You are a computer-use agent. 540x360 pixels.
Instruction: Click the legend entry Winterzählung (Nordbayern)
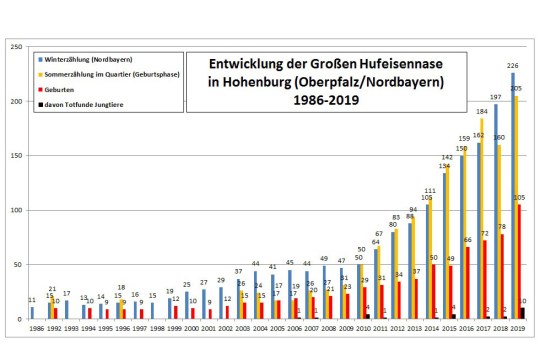point(90,60)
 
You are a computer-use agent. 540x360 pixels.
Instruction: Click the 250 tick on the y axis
point(13,47)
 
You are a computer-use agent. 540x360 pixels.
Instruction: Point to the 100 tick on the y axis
point(13,211)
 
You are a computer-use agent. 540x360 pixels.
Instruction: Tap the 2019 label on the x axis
point(517,327)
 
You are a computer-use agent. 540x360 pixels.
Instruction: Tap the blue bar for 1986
point(31,313)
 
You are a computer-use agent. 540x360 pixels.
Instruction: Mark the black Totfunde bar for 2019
point(525,314)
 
